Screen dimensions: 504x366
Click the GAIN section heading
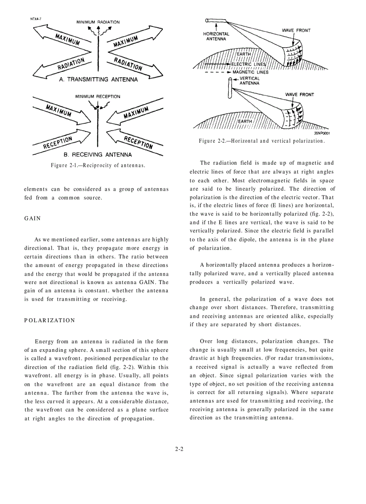32,219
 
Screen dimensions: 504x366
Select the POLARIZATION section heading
49,320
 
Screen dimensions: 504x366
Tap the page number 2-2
179,449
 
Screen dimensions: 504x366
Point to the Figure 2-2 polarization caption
261,141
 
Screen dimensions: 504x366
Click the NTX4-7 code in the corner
37,19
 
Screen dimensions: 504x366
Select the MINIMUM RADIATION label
98,22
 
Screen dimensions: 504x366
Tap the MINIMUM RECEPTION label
98,96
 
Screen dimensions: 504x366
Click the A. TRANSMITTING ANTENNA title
98,79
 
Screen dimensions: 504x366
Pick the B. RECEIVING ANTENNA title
98,154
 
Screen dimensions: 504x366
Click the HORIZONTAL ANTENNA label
216,36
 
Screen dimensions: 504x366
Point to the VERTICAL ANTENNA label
249,81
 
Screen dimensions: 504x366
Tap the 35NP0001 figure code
321,133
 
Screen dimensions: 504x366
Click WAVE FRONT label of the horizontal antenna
296,31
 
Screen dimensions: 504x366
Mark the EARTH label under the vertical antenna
245,121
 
